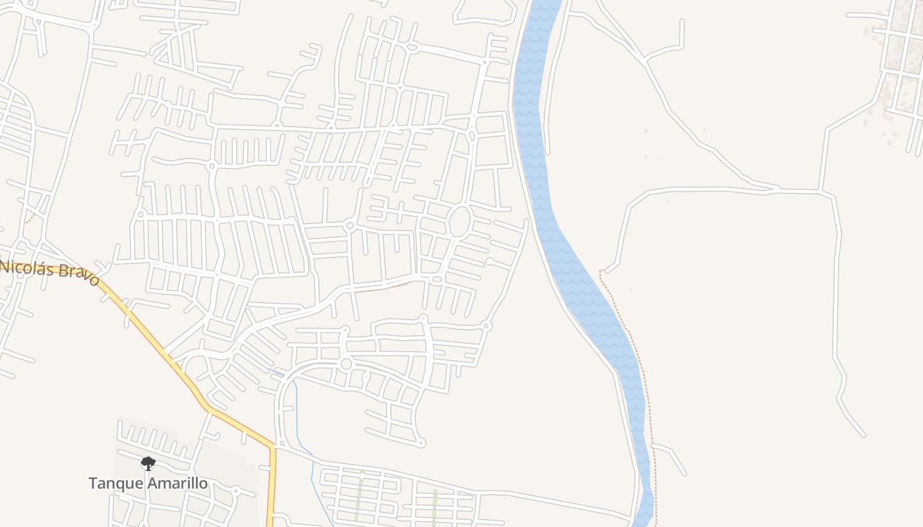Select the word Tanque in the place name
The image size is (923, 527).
click(116, 484)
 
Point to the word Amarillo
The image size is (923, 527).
click(177, 484)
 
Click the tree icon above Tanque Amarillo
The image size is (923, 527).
click(148, 464)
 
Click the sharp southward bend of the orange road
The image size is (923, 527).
click(272, 448)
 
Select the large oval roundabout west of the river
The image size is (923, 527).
click(460, 222)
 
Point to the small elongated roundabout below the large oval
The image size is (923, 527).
click(437, 279)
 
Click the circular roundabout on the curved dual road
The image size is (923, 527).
click(346, 364)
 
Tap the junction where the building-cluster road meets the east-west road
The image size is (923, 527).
click(821, 191)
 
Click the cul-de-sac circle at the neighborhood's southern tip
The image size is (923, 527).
click(421, 443)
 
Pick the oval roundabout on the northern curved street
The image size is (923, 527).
click(412, 47)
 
